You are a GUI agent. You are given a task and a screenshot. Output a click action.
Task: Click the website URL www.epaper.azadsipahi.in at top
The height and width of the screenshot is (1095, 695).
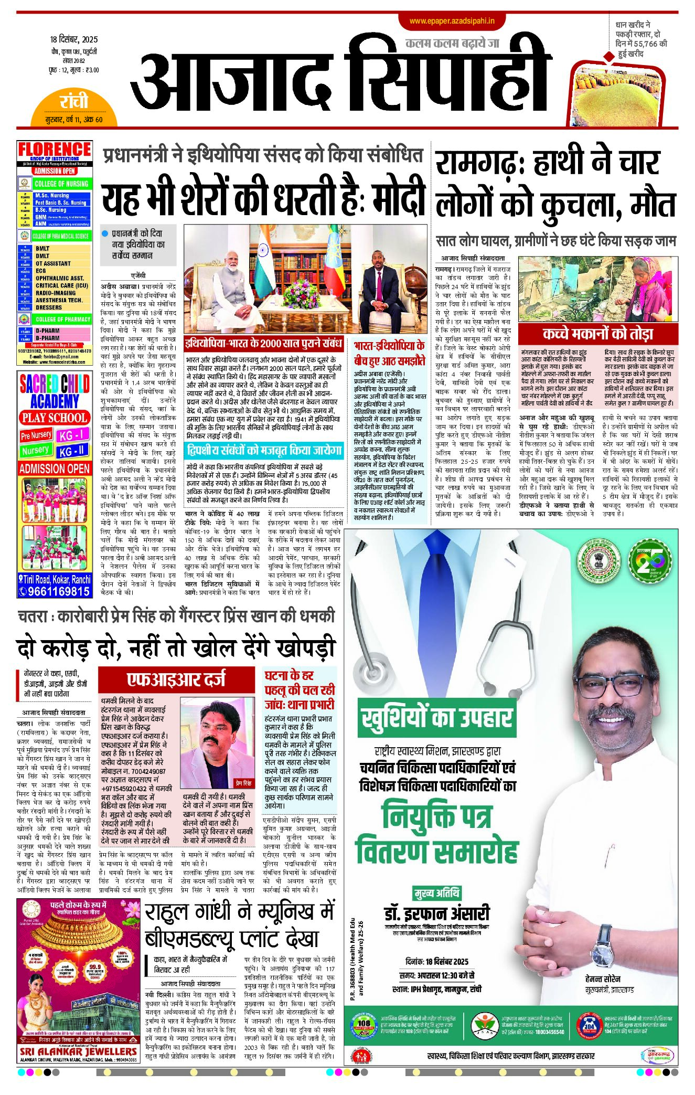[452, 21]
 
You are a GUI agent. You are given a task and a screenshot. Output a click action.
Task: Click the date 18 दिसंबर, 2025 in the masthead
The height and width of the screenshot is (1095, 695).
[74, 39]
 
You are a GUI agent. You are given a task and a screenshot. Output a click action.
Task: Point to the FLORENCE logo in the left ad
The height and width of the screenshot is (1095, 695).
[55, 150]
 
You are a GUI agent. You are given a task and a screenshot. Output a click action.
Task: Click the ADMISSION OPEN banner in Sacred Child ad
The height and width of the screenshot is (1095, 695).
[55, 469]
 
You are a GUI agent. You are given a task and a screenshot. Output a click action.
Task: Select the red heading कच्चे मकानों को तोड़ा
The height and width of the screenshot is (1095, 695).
[598, 334]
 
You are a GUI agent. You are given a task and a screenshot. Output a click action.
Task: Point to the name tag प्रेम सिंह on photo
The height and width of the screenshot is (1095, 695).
[244, 783]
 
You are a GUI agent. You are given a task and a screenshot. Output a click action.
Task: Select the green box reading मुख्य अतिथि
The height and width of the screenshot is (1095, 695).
[437, 892]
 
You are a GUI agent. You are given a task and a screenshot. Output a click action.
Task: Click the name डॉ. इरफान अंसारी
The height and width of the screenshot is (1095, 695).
[437, 913]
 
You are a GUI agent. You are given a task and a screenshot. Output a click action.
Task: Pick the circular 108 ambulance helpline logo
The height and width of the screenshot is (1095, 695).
[363, 1024]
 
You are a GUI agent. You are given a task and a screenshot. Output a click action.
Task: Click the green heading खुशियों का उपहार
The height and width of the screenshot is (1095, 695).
[436, 718]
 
